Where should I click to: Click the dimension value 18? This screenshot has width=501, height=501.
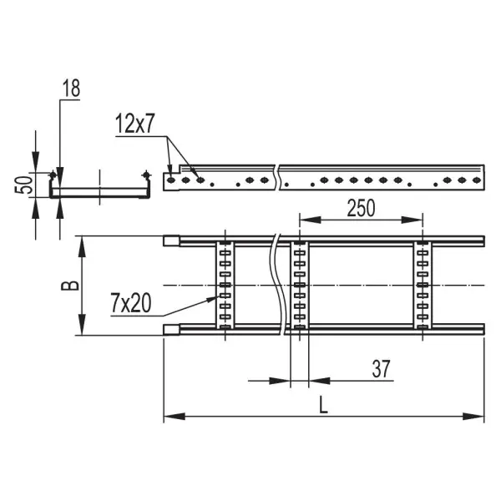click(x=71, y=89)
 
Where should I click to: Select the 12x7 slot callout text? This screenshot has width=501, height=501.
click(x=134, y=124)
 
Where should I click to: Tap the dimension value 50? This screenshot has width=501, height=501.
click(x=23, y=185)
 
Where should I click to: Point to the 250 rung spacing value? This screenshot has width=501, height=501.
click(x=361, y=208)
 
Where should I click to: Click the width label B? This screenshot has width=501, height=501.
click(x=70, y=286)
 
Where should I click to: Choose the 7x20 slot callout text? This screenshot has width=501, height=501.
click(x=131, y=303)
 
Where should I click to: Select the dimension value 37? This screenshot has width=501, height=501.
click(x=381, y=369)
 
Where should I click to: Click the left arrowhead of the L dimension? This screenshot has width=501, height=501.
click(x=175, y=417)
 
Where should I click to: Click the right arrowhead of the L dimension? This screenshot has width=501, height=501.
click(x=473, y=417)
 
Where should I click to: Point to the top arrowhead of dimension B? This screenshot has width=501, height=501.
click(x=83, y=246)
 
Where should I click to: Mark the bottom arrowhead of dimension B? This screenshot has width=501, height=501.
click(x=83, y=325)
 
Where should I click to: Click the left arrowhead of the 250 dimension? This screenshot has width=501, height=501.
click(x=310, y=220)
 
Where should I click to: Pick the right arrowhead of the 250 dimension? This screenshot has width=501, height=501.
click(x=412, y=220)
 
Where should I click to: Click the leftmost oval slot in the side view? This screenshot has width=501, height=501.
click(x=171, y=180)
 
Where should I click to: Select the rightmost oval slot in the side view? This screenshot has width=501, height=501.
click(x=477, y=180)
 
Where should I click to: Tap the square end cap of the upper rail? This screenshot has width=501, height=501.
click(x=171, y=241)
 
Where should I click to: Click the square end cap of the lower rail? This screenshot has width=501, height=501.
click(x=171, y=330)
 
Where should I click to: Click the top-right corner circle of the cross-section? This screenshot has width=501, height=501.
click(x=146, y=175)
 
